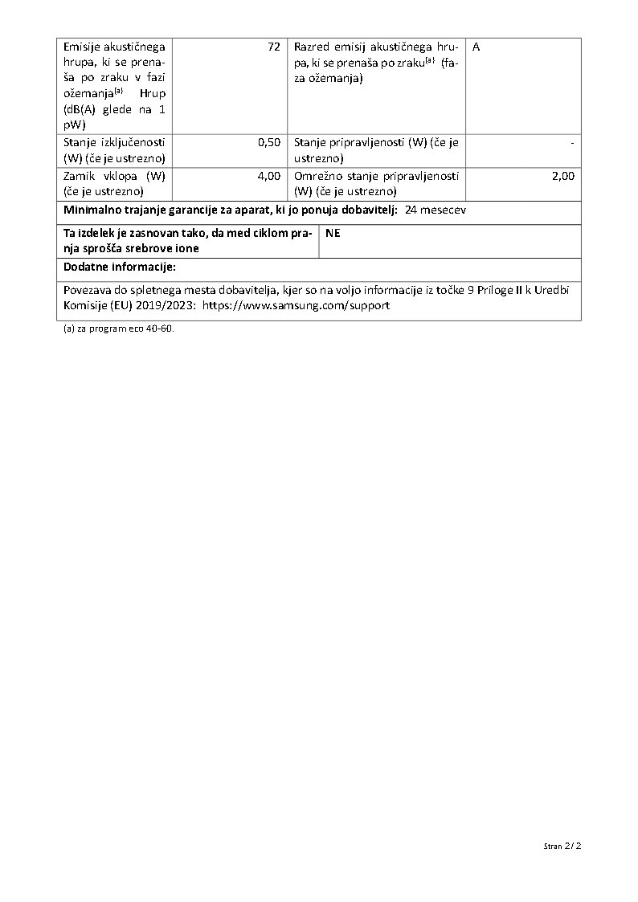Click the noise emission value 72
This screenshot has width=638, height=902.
click(x=273, y=47)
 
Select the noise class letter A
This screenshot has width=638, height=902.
click(x=476, y=47)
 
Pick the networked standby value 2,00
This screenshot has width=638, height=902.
click(x=563, y=176)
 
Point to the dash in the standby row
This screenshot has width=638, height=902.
click(x=571, y=142)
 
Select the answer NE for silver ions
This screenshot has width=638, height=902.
click(x=333, y=233)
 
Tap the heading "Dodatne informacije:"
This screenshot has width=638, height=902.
click(x=120, y=267)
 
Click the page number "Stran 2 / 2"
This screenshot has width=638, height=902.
click(x=562, y=846)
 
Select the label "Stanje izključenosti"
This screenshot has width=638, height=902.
click(x=114, y=142)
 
